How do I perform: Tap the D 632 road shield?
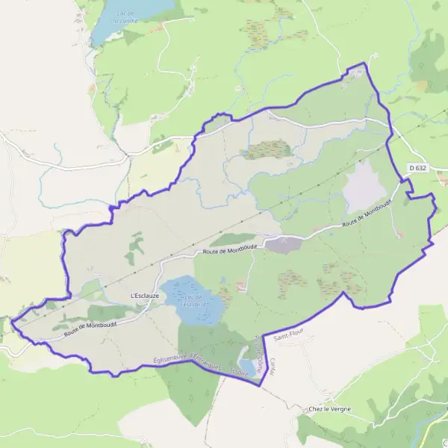coord(418,168)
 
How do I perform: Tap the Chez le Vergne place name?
coord(329,410)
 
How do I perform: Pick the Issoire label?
coord(239,370)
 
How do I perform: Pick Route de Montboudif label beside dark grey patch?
coord(228,249)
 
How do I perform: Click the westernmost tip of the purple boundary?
coord(10,323)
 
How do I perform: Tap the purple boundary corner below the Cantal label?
coord(260,385)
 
